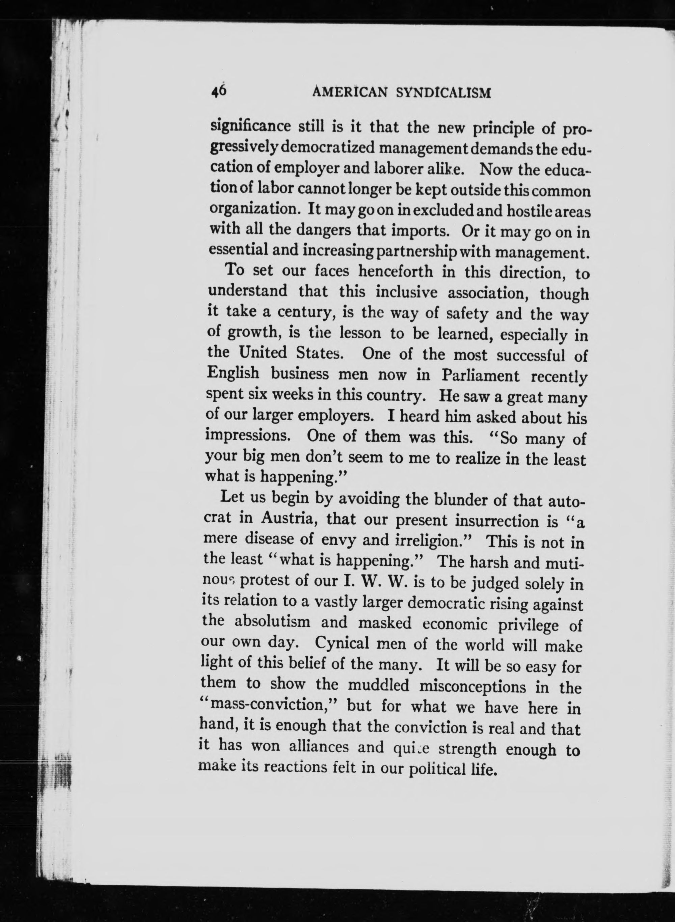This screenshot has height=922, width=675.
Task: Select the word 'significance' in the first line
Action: point(250,126)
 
